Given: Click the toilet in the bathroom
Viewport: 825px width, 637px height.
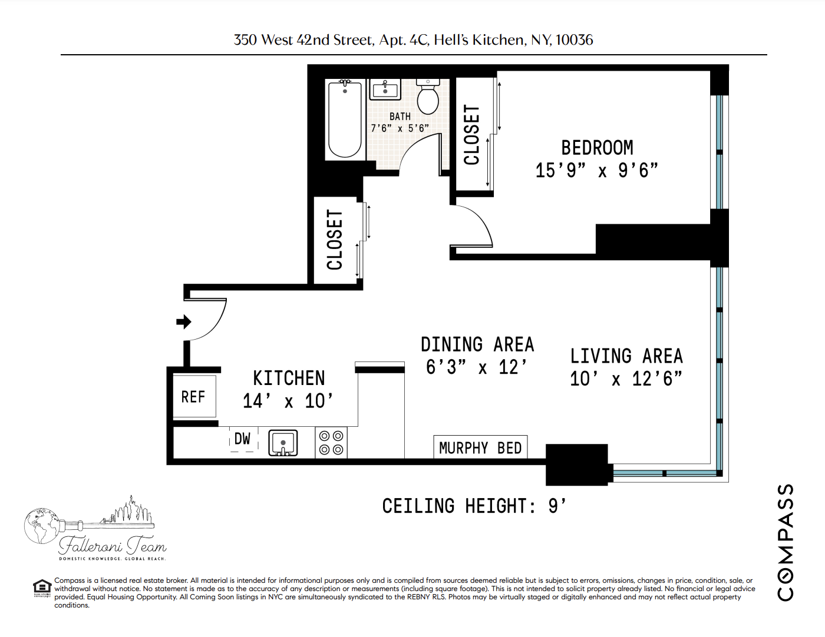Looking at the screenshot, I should point(428,98).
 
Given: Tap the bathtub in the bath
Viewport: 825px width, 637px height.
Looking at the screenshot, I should point(345,120).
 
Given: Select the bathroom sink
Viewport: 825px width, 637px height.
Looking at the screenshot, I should point(385,90).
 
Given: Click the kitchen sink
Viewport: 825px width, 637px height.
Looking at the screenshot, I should point(283,443).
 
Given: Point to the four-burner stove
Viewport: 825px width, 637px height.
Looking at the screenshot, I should point(331,443).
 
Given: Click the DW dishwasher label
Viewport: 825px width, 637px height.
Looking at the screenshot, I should point(242,439).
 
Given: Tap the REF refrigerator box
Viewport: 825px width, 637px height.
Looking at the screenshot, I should point(194,397).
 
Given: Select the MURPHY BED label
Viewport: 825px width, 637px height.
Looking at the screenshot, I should point(480,448).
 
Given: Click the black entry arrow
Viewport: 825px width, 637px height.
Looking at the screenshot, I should point(184,321).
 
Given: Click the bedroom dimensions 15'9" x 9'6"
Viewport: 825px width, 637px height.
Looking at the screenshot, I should point(596,171).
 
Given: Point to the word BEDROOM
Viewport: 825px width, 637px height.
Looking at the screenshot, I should point(597,147).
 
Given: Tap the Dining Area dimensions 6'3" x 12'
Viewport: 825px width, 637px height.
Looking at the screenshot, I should point(477,367).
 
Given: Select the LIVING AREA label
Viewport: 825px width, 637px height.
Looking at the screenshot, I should point(626,356).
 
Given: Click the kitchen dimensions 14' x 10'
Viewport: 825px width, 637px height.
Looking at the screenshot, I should point(288,401).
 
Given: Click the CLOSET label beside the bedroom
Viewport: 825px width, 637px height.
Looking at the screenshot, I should point(472,135).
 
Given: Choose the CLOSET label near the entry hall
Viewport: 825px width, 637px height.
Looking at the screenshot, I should point(335,240).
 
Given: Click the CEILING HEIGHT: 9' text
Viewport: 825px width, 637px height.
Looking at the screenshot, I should point(474,506).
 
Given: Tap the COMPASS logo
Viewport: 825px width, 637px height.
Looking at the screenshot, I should point(785,542).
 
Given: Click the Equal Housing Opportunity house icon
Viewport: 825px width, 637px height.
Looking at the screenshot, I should point(42,588).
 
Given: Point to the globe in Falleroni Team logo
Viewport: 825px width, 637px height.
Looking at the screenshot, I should point(41,526).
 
